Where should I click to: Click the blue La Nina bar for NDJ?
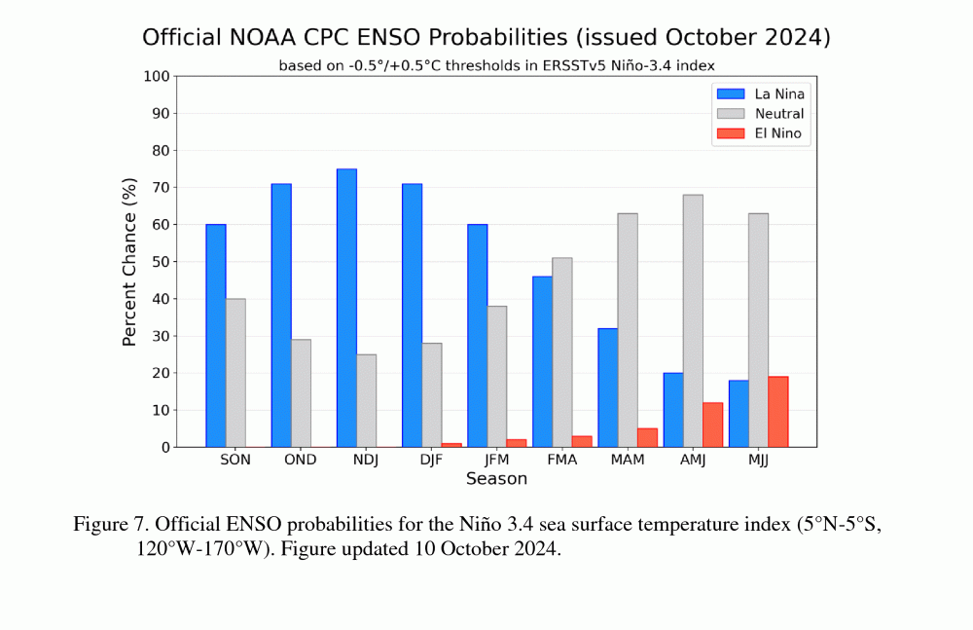tap(346, 308)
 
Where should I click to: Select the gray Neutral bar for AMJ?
tap(693, 320)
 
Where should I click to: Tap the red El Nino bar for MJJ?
tap(777, 412)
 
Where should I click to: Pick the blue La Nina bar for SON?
tap(216, 336)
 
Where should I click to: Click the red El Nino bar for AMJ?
tap(712, 425)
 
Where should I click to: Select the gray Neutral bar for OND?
tap(301, 393)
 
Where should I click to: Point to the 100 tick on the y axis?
tap(157, 76)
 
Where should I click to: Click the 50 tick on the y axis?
tap(161, 262)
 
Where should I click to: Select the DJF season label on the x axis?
tap(431, 460)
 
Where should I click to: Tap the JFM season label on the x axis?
tap(496, 460)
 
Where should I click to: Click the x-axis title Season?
tap(496, 479)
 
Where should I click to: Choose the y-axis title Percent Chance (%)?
tap(130, 262)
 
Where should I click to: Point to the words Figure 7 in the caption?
tap(108, 525)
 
